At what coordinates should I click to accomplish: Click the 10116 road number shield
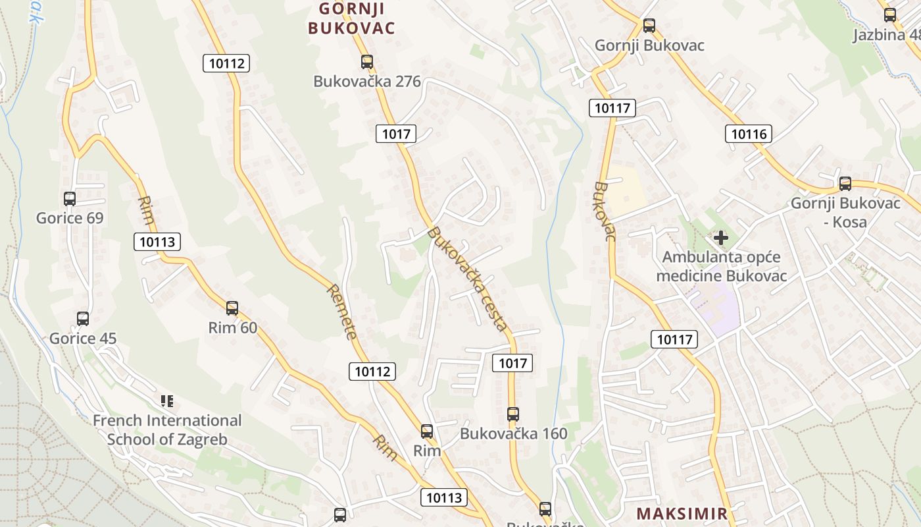click(749, 134)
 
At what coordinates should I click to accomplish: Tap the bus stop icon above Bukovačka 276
click(367, 62)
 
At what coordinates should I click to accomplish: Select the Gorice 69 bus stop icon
click(70, 198)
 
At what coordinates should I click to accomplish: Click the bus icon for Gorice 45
click(83, 319)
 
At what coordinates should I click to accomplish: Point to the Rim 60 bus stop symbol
click(232, 308)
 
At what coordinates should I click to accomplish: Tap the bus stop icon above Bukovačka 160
click(513, 414)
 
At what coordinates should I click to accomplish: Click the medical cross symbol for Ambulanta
click(721, 237)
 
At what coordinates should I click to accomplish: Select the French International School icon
click(167, 401)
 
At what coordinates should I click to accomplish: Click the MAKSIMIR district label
click(682, 513)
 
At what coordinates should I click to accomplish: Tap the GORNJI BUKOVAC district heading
click(351, 18)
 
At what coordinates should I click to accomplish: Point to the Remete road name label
click(342, 311)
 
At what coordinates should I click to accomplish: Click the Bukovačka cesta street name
click(467, 279)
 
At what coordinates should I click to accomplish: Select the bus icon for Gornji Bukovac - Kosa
click(845, 183)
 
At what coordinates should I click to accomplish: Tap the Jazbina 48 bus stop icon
click(890, 14)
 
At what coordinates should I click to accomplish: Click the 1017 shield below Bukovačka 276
click(396, 134)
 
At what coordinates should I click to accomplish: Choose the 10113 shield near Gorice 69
click(157, 242)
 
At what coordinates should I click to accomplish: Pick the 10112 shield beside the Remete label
click(372, 372)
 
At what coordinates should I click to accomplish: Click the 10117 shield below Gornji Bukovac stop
click(612, 108)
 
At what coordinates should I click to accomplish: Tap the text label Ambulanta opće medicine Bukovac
click(721, 266)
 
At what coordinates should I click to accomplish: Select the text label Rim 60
click(232, 327)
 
